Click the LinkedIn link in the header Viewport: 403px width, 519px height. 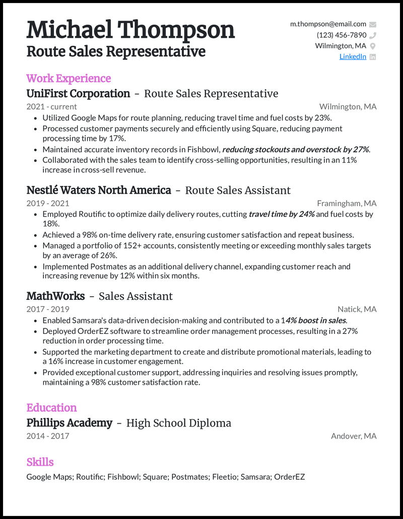coord(353,57)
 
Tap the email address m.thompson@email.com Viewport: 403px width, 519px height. coord(328,24)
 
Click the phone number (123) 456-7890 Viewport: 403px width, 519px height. coord(342,35)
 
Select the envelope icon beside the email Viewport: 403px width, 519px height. coord(373,24)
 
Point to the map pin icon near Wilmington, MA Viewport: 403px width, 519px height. coord(373,46)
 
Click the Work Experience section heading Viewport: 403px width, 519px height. coord(69,78)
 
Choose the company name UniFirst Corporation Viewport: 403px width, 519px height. coord(78,94)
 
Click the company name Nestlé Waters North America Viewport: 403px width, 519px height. coord(99,190)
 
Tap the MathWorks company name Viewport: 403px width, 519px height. coord(55,296)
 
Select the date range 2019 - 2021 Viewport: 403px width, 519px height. coord(48,204)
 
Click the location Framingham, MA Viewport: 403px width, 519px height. coord(347,204)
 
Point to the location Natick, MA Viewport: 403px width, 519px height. coord(357,309)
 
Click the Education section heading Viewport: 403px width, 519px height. coord(51,408)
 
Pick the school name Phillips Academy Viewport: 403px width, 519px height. coord(69,423)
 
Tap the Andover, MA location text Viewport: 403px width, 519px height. coord(354,436)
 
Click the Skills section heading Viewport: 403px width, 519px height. coord(40,462)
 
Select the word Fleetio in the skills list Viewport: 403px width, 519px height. coord(221,477)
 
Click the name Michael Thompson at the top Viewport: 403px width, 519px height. coord(131,30)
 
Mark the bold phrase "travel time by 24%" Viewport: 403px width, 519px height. coord(282,214)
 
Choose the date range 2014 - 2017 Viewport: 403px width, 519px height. coord(48,436)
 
